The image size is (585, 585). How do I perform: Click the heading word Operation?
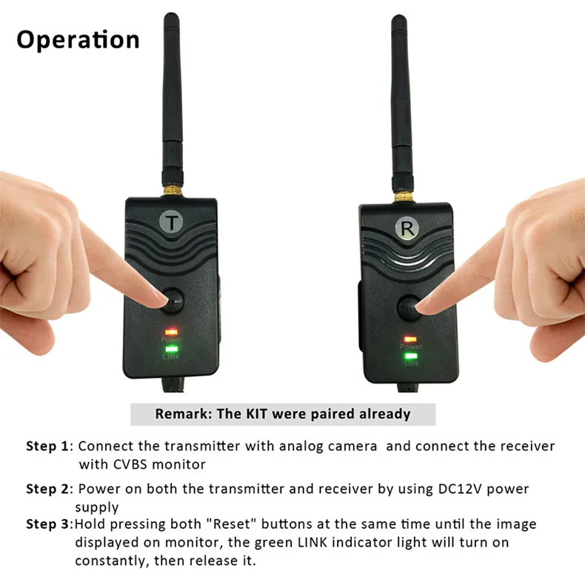pyautogui.click(x=78, y=39)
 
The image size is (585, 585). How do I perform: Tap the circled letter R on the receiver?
pyautogui.click(x=407, y=229)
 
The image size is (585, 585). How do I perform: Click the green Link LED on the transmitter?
pyautogui.click(x=172, y=347)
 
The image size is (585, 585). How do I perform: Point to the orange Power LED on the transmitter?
pyautogui.click(x=171, y=331)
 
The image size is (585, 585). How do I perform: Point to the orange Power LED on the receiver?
pyautogui.click(x=409, y=338)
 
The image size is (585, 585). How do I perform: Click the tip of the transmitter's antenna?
pyautogui.click(x=171, y=16)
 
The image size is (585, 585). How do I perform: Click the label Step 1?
pyautogui.click(x=48, y=447)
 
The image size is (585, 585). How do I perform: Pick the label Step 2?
pyautogui.click(x=48, y=489)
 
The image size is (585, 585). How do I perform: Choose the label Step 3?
pyautogui.click(x=48, y=524)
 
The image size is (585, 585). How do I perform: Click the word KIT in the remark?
pyautogui.click(x=252, y=414)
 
